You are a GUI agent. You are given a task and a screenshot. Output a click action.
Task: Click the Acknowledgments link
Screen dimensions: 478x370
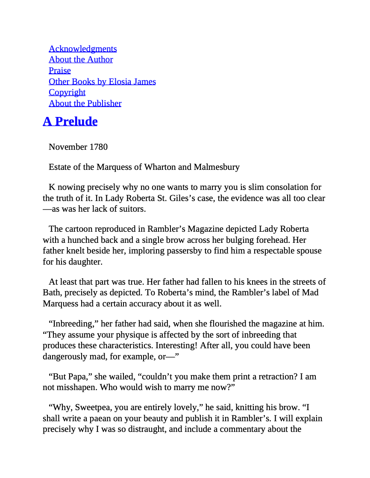(82, 49)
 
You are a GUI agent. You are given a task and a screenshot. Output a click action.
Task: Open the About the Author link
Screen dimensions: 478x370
(81, 59)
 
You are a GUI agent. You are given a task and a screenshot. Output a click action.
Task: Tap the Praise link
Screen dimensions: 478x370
(59, 70)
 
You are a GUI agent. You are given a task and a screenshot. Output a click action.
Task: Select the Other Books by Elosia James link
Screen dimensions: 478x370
(102, 82)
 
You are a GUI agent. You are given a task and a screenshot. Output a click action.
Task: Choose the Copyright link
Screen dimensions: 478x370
(67, 92)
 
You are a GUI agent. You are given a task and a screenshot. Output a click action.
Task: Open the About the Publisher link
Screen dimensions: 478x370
(85, 103)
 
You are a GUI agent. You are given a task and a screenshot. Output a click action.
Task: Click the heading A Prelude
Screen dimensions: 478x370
(70, 121)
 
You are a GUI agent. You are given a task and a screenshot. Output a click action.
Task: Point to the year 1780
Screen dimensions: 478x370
(98, 147)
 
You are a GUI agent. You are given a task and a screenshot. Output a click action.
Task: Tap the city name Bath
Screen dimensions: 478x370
(51, 292)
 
